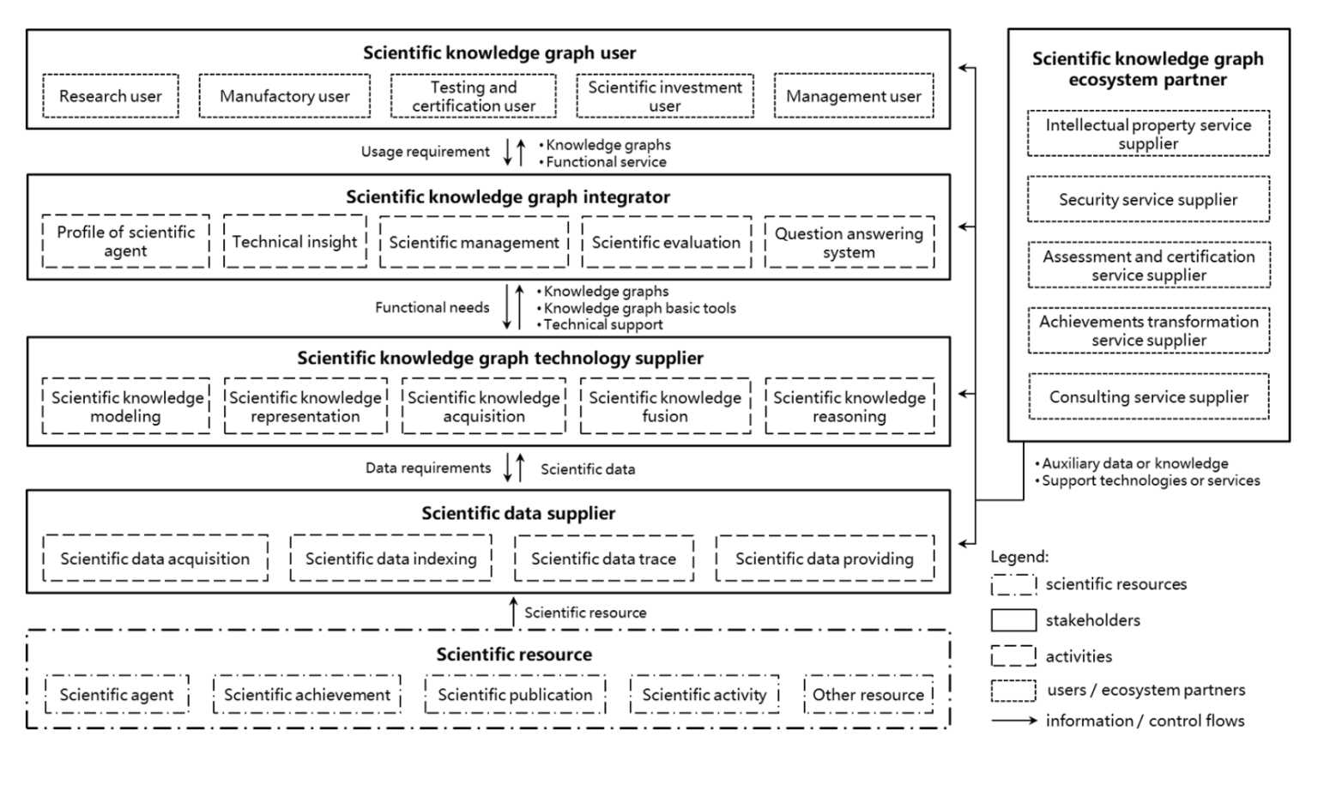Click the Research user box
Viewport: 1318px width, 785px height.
pyautogui.click(x=111, y=96)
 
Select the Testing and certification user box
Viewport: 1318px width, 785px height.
pyautogui.click(x=473, y=96)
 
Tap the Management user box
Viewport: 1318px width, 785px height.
pyautogui.click(x=853, y=96)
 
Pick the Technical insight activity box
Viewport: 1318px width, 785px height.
pyautogui.click(x=294, y=242)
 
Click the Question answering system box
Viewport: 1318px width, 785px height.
pyautogui.click(x=849, y=243)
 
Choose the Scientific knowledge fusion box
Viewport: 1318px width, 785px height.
pyautogui.click(x=665, y=407)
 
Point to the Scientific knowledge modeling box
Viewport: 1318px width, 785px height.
pyautogui.click(x=126, y=407)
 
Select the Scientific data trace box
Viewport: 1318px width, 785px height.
pyautogui.click(x=603, y=559)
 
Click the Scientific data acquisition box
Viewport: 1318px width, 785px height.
pyautogui.click(x=155, y=559)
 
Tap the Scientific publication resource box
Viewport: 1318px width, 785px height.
pyautogui.click(x=515, y=695)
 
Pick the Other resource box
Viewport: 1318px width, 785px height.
pyautogui.click(x=868, y=695)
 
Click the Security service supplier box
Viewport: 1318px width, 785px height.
pyautogui.click(x=1148, y=200)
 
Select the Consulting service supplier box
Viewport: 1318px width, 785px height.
pyautogui.click(x=1148, y=397)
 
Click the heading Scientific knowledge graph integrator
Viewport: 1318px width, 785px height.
pyautogui.click(x=508, y=196)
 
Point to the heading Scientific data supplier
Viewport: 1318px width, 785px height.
pyautogui.click(x=518, y=513)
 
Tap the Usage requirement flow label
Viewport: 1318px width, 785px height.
pyautogui.click(x=425, y=152)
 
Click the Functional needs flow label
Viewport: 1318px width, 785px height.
pyautogui.click(x=432, y=307)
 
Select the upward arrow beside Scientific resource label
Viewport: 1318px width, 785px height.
pyautogui.click(x=513, y=612)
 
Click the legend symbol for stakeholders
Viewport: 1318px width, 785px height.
pyautogui.click(x=1013, y=620)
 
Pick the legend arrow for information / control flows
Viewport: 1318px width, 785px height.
pyautogui.click(x=1014, y=721)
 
